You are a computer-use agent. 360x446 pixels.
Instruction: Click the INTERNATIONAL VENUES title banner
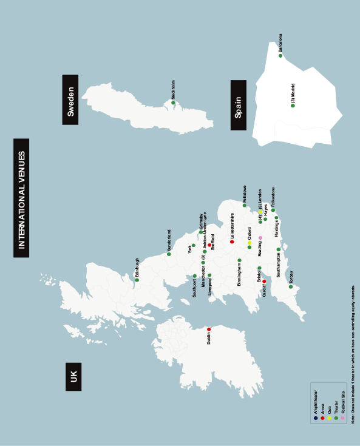(21, 198)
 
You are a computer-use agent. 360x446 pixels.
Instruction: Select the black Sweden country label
(70, 100)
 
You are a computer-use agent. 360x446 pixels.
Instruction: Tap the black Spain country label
(239, 105)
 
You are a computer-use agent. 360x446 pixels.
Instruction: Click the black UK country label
(73, 376)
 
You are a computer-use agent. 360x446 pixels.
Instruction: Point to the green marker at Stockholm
(173, 103)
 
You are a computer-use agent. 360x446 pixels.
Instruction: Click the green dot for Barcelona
(280, 56)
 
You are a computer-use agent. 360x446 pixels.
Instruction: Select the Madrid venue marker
(293, 106)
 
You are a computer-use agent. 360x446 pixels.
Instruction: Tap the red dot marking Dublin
(209, 329)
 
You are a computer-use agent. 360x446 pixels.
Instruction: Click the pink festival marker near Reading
(260, 238)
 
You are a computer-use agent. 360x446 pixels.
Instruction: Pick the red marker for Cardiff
(264, 282)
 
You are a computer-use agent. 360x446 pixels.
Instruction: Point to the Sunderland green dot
(169, 254)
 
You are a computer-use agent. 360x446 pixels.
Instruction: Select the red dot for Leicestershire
(232, 242)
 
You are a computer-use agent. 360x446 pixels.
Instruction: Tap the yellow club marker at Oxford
(250, 243)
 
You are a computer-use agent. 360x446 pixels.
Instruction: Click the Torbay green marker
(291, 287)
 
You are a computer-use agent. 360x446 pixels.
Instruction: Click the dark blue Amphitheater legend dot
(316, 418)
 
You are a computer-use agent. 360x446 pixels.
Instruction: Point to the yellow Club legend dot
(329, 418)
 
